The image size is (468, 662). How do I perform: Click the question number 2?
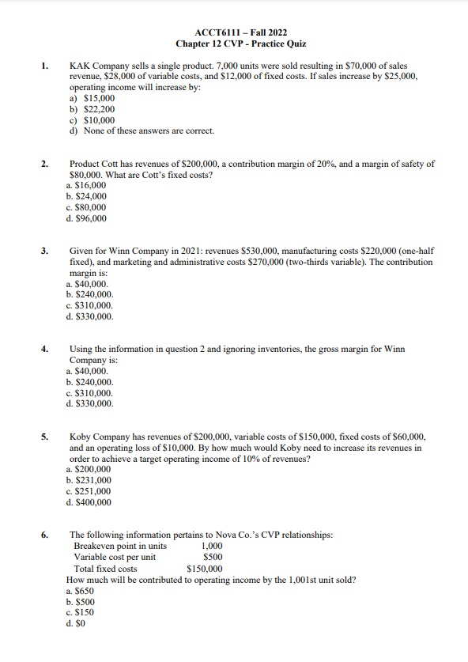pos(45,164)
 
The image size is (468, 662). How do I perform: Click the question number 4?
pos(45,348)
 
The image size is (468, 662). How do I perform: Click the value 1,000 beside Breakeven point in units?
pos(212,546)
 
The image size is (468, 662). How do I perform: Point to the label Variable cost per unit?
pos(115,557)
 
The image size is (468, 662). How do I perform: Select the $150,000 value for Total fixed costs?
pos(205,568)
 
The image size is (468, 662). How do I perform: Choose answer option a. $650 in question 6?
pos(81,590)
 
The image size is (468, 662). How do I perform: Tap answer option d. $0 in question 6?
pos(77,623)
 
